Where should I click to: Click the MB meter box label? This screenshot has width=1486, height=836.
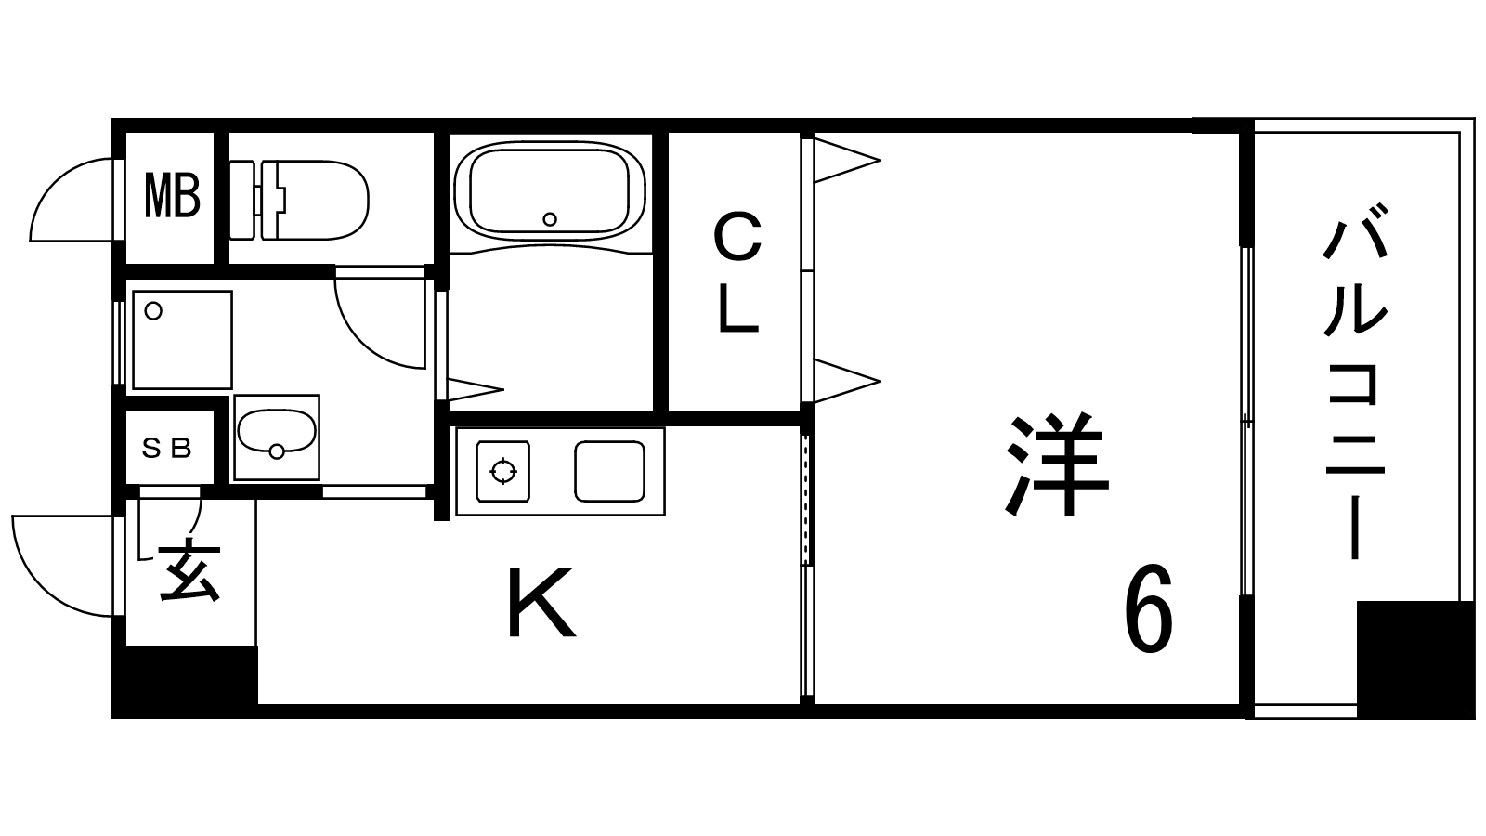pyautogui.click(x=172, y=196)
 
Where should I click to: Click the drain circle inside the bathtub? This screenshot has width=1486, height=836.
pyautogui.click(x=550, y=219)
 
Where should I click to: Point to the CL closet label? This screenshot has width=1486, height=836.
pyautogui.click(x=737, y=273)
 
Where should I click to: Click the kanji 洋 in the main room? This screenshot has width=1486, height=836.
pyautogui.click(x=1058, y=465)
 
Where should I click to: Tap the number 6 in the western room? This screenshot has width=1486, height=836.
pyautogui.click(x=1149, y=609)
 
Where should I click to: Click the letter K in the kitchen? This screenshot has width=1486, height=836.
pyautogui.click(x=541, y=604)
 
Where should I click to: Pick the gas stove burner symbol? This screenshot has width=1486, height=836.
pyautogui.click(x=503, y=471)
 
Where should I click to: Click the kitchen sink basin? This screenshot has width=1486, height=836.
pyautogui.click(x=609, y=471)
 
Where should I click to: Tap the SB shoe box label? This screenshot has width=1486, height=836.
pyautogui.click(x=167, y=450)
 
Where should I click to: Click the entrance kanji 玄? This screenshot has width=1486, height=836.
pyautogui.click(x=189, y=570)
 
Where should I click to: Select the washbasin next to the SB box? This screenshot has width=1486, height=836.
pyautogui.click(x=276, y=436)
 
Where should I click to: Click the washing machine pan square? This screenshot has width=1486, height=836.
pyautogui.click(x=182, y=339)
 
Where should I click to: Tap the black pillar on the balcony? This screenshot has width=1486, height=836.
pyautogui.click(x=1414, y=659)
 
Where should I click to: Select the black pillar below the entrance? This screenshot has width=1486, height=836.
pyautogui.click(x=185, y=681)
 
